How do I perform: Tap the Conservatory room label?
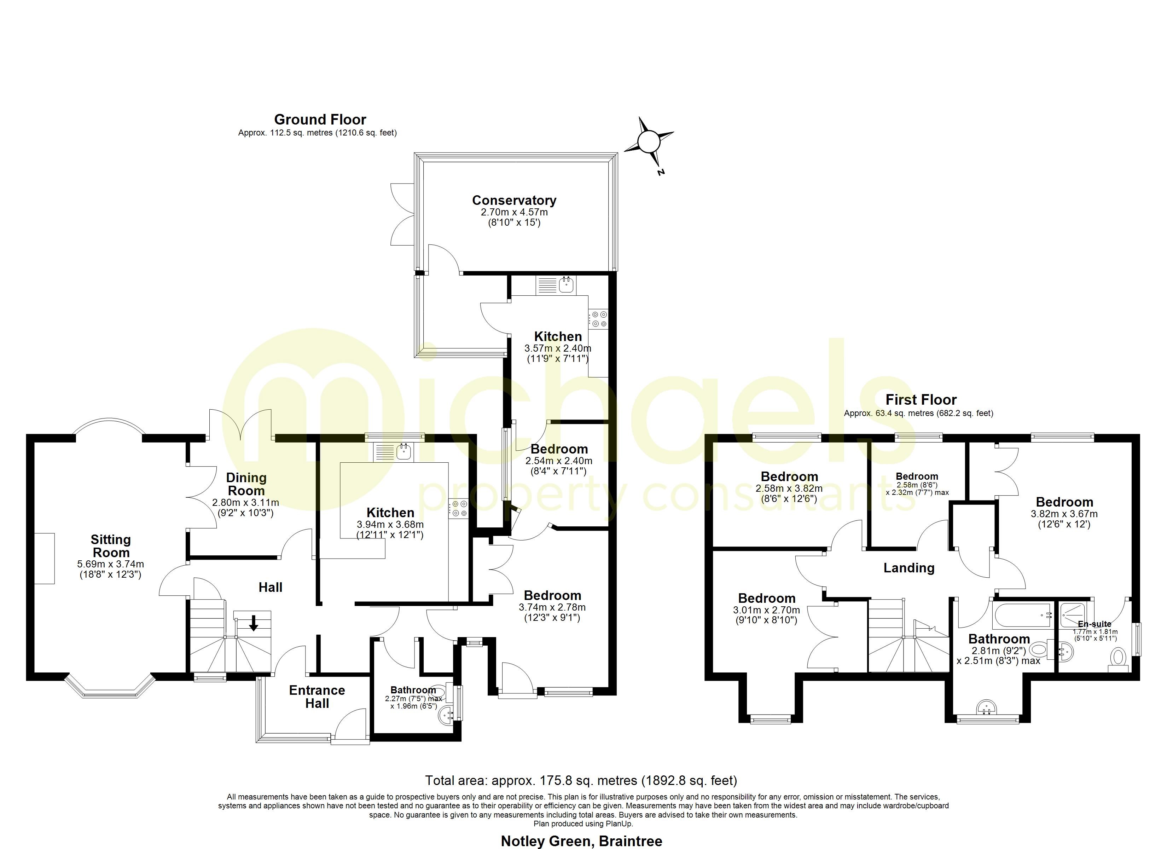click(x=514, y=200)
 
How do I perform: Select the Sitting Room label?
click(x=111, y=546)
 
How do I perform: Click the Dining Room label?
click(x=246, y=484)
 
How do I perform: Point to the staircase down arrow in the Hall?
click(x=253, y=623)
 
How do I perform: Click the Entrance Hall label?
click(x=317, y=697)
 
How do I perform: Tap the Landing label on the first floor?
click(x=909, y=568)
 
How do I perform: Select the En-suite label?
click(x=1095, y=624)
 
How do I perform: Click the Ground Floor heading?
click(x=320, y=120)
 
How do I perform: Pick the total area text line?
click(x=581, y=780)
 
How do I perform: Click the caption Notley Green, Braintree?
click(x=581, y=841)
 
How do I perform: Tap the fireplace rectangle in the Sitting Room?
click(x=45, y=558)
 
